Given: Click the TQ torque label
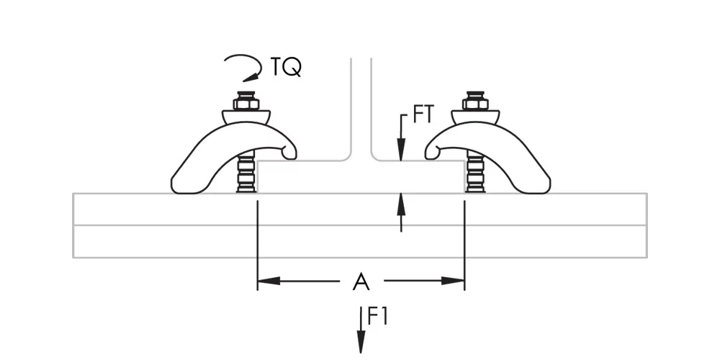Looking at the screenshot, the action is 286,67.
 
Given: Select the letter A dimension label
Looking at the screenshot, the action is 361,281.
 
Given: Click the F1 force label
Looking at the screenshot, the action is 378,316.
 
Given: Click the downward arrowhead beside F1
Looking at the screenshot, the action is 361,341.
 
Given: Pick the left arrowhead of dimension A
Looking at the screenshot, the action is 269,281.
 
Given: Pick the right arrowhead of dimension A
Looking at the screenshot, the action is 453,281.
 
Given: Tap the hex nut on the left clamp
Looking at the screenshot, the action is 246,104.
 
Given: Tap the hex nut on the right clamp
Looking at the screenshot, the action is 475,104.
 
